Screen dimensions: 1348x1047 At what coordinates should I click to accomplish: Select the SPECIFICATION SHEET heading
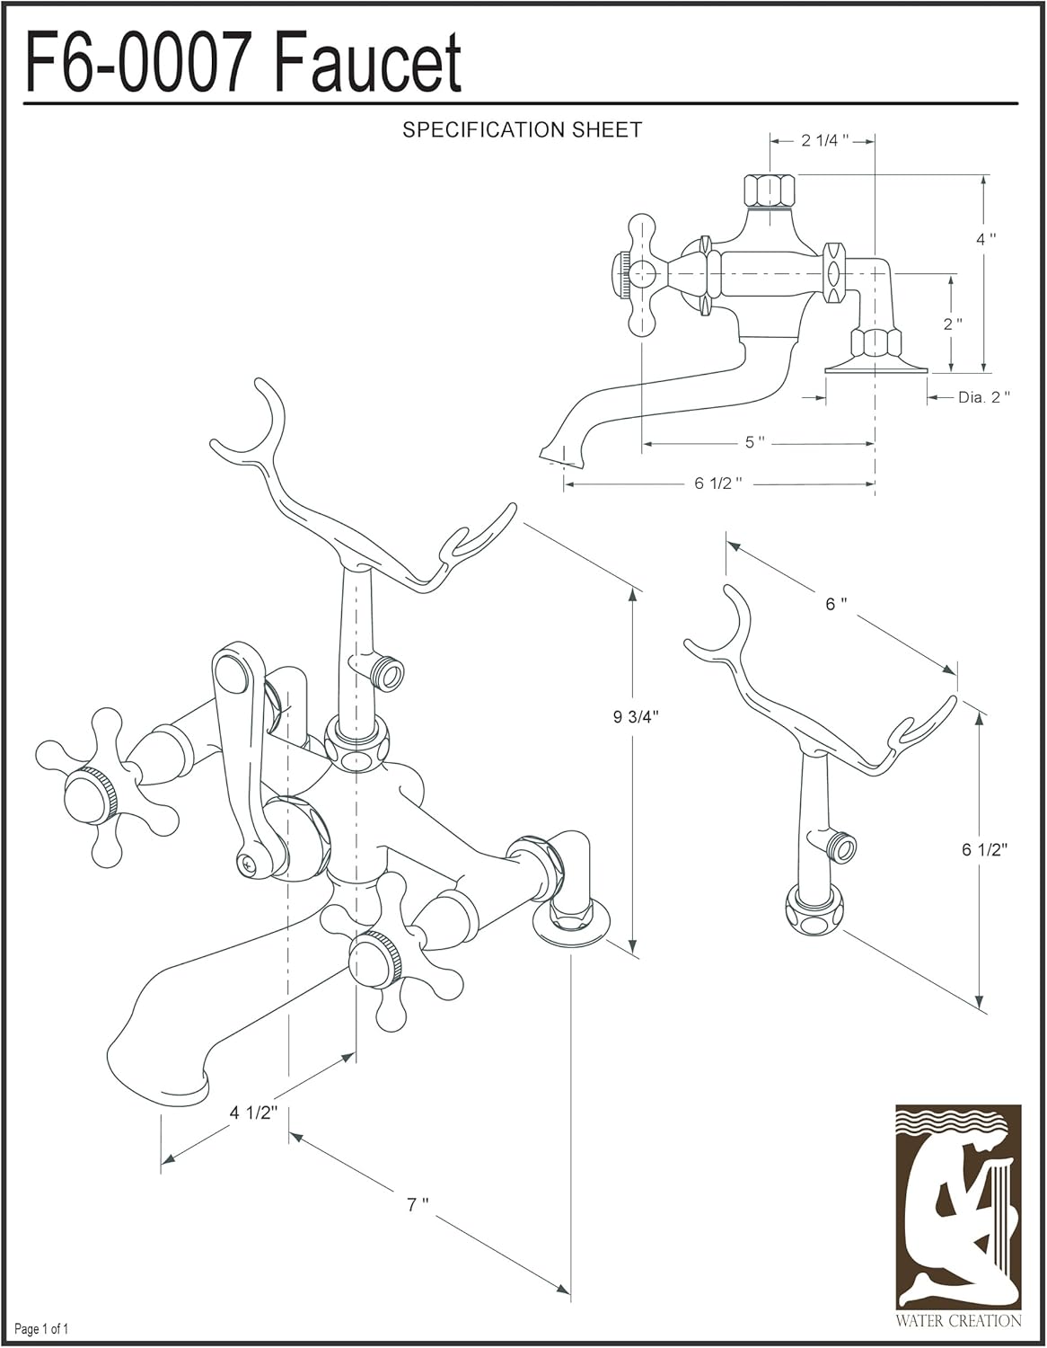point(522,130)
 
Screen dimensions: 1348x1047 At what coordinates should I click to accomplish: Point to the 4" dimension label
point(986,239)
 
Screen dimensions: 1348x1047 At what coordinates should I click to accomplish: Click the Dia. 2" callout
point(983,397)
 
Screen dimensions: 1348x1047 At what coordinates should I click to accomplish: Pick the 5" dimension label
point(755,443)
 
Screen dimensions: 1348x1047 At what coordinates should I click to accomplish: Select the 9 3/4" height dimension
point(637,717)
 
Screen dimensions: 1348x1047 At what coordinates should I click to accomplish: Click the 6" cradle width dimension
point(836,604)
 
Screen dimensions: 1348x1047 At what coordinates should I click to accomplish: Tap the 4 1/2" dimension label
point(253,1113)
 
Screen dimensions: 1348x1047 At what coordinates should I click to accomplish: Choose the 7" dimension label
point(418,1204)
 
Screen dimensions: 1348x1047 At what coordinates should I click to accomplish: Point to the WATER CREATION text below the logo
point(958,1321)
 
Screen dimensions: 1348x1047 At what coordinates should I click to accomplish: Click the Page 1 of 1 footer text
point(42,1328)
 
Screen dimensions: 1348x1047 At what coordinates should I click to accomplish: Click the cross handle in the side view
point(641,274)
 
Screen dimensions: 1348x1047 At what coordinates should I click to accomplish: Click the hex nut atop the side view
point(770,191)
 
